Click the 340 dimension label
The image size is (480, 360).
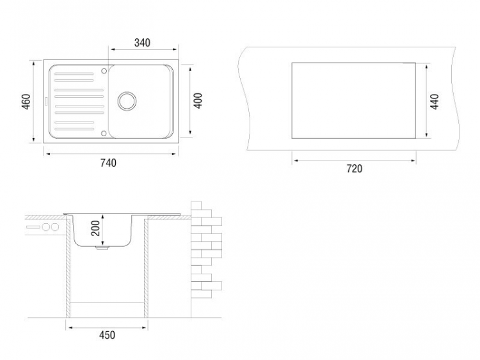pos(142,43)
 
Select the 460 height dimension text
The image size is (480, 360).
pos(26,102)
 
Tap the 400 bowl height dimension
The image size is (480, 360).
pos(198,100)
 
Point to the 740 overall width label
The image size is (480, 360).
pos(108,162)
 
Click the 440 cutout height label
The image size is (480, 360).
pos(434,102)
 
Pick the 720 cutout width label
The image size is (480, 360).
pos(355,169)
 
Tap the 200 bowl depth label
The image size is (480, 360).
pos(95,228)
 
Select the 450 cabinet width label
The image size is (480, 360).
pos(107,335)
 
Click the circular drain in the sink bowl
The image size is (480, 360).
pos(127,101)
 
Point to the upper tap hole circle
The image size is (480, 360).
pos(104,71)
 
